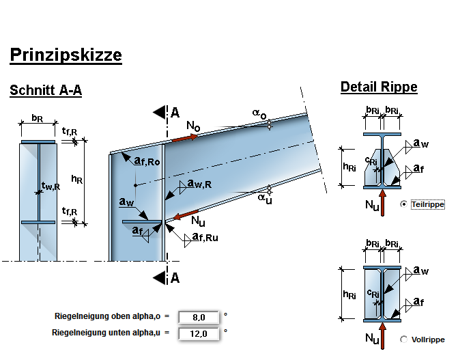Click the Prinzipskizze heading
pos(66,55)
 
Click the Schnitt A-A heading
pos(46,91)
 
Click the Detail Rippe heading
pos(379,87)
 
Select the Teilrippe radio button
pos(405,204)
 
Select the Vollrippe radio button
pos(404,339)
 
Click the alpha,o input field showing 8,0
pos(199,317)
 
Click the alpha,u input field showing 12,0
pos(199,333)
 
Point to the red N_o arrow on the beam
pos(184,137)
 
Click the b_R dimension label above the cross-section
pos(38,119)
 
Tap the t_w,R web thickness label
pos(51,186)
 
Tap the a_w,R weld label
pos(200,184)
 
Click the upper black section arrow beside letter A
pos(160,111)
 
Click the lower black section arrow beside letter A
pos(160,277)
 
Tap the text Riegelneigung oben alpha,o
pos(108,317)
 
